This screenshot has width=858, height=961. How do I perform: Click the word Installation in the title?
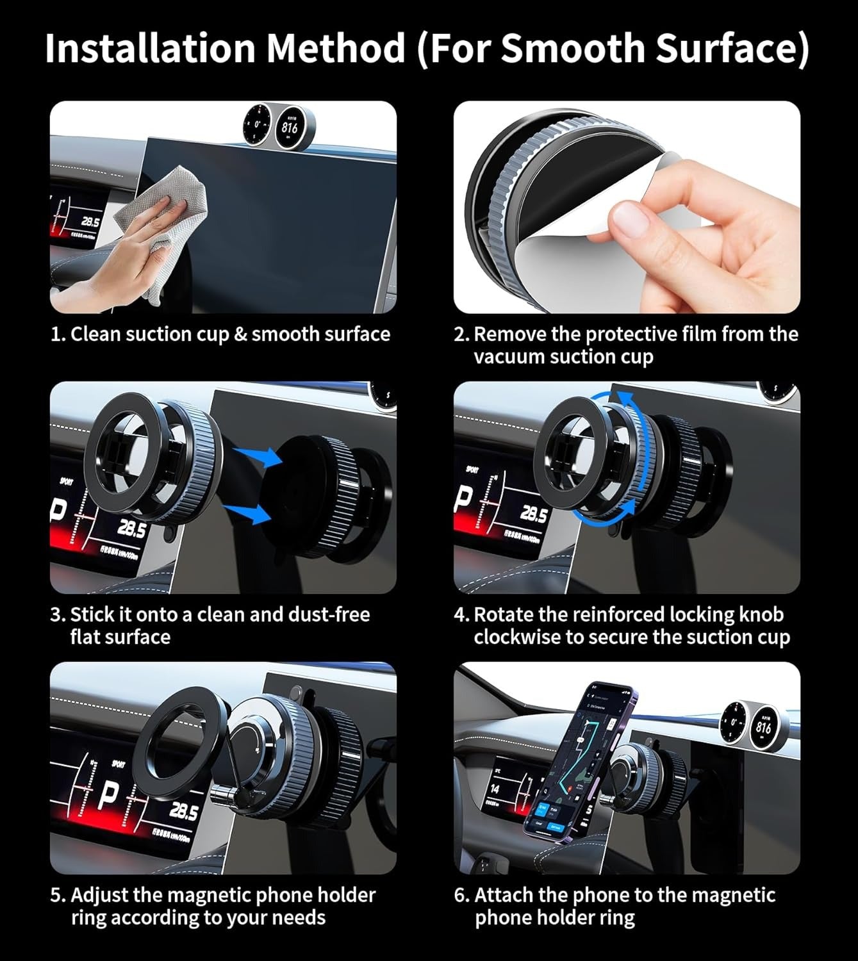[151, 48]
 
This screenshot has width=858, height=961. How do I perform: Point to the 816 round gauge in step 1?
[289, 127]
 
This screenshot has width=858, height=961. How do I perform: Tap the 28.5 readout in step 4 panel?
[532, 514]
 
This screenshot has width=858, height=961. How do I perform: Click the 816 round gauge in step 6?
[763, 727]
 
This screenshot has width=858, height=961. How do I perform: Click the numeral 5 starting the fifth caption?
[56, 895]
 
